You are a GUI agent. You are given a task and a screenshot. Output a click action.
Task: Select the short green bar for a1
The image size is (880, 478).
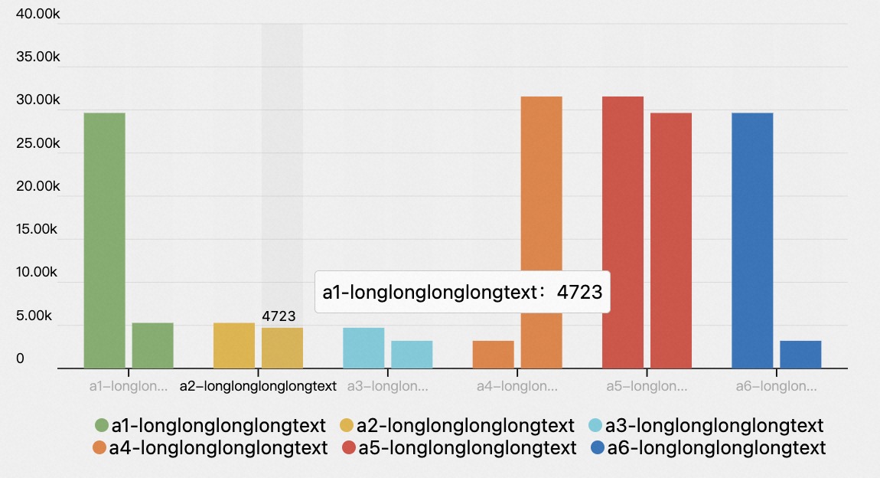[x=152, y=345]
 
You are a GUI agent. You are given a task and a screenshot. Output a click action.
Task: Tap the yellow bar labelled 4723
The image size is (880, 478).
[x=282, y=348]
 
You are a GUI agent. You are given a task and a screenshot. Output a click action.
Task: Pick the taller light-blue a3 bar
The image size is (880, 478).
[x=363, y=348]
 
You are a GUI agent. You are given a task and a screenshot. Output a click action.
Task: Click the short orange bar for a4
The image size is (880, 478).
[x=493, y=354]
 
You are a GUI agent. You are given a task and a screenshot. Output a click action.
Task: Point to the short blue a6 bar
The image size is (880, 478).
[x=800, y=354]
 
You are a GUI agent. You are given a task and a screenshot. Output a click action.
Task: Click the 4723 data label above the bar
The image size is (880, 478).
[x=279, y=316]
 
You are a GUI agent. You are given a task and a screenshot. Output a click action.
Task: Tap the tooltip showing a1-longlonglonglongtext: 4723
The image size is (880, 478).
[x=462, y=292]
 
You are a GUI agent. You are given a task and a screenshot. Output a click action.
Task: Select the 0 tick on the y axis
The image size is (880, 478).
[x=20, y=358]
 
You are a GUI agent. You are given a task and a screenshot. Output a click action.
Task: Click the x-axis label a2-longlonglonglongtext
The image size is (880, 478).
[x=258, y=386]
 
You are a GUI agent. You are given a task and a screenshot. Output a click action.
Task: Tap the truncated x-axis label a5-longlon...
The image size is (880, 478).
[x=647, y=386]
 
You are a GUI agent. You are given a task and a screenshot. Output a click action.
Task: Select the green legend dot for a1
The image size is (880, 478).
[x=101, y=425]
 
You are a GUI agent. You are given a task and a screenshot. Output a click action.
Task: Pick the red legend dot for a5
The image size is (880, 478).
[x=348, y=448]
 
